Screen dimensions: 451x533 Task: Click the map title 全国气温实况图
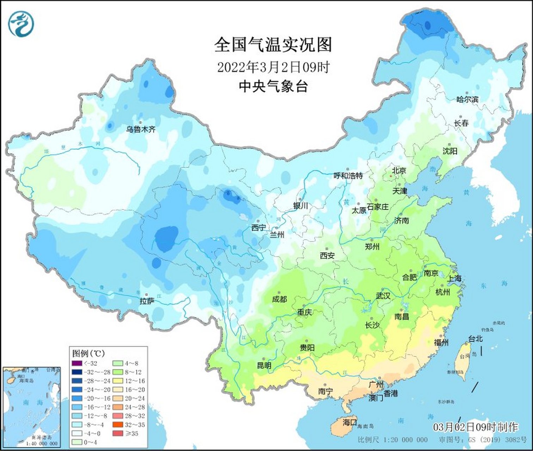pos(273,45)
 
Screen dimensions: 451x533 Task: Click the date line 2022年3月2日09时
pos(273,67)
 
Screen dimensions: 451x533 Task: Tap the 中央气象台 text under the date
pos(273,86)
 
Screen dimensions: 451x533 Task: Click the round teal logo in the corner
pos(23,23)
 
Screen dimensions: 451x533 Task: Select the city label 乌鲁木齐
pos(141,129)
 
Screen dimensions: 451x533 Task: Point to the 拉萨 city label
pos(147,301)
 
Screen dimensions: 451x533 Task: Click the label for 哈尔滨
pos(467,99)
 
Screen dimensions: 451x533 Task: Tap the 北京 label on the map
pos(399,171)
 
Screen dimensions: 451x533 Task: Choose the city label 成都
pos(280,299)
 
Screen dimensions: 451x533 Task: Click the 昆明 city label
pos(264,366)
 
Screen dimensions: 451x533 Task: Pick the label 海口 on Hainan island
pos(350,422)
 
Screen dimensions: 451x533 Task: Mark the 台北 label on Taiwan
pos(475,339)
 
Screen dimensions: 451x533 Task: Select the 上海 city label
pos(454,278)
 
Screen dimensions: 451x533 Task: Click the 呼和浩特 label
pos(348,175)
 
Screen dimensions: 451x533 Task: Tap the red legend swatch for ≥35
pos(118,434)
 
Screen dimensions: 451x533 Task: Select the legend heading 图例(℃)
pos(88,353)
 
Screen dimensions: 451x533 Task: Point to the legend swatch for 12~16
pos(118,381)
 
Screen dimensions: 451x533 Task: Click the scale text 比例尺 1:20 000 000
pos(392,440)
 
